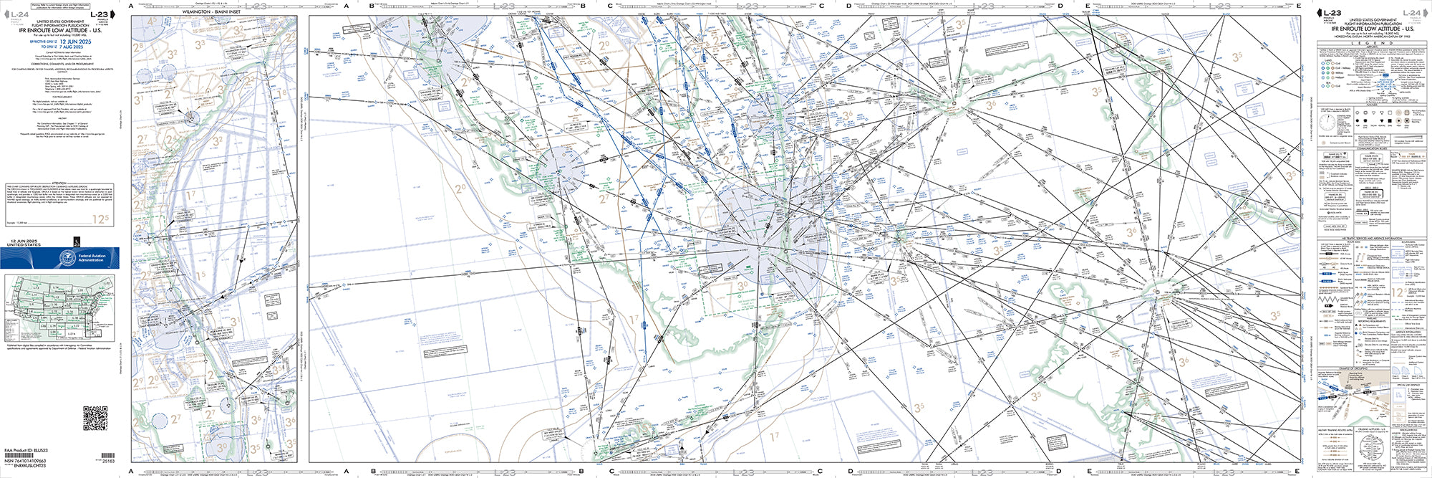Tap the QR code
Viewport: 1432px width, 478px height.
click(x=95, y=418)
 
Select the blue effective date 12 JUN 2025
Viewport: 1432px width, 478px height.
click(x=76, y=42)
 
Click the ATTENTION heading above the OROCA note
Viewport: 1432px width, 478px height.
click(x=59, y=183)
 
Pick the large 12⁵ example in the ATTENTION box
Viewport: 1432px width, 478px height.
click(x=101, y=219)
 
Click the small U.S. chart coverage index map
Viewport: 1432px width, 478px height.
click(x=59, y=308)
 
